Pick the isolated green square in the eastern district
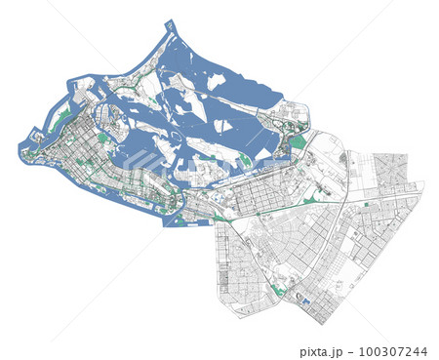click(367, 206)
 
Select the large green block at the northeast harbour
click(298, 142)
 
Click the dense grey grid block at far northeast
click(391, 168)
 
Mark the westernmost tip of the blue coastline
click(19, 152)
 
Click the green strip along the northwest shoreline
click(62, 117)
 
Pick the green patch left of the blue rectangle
click(281, 290)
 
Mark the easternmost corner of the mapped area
click(424, 182)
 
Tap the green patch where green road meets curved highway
click(311, 200)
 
